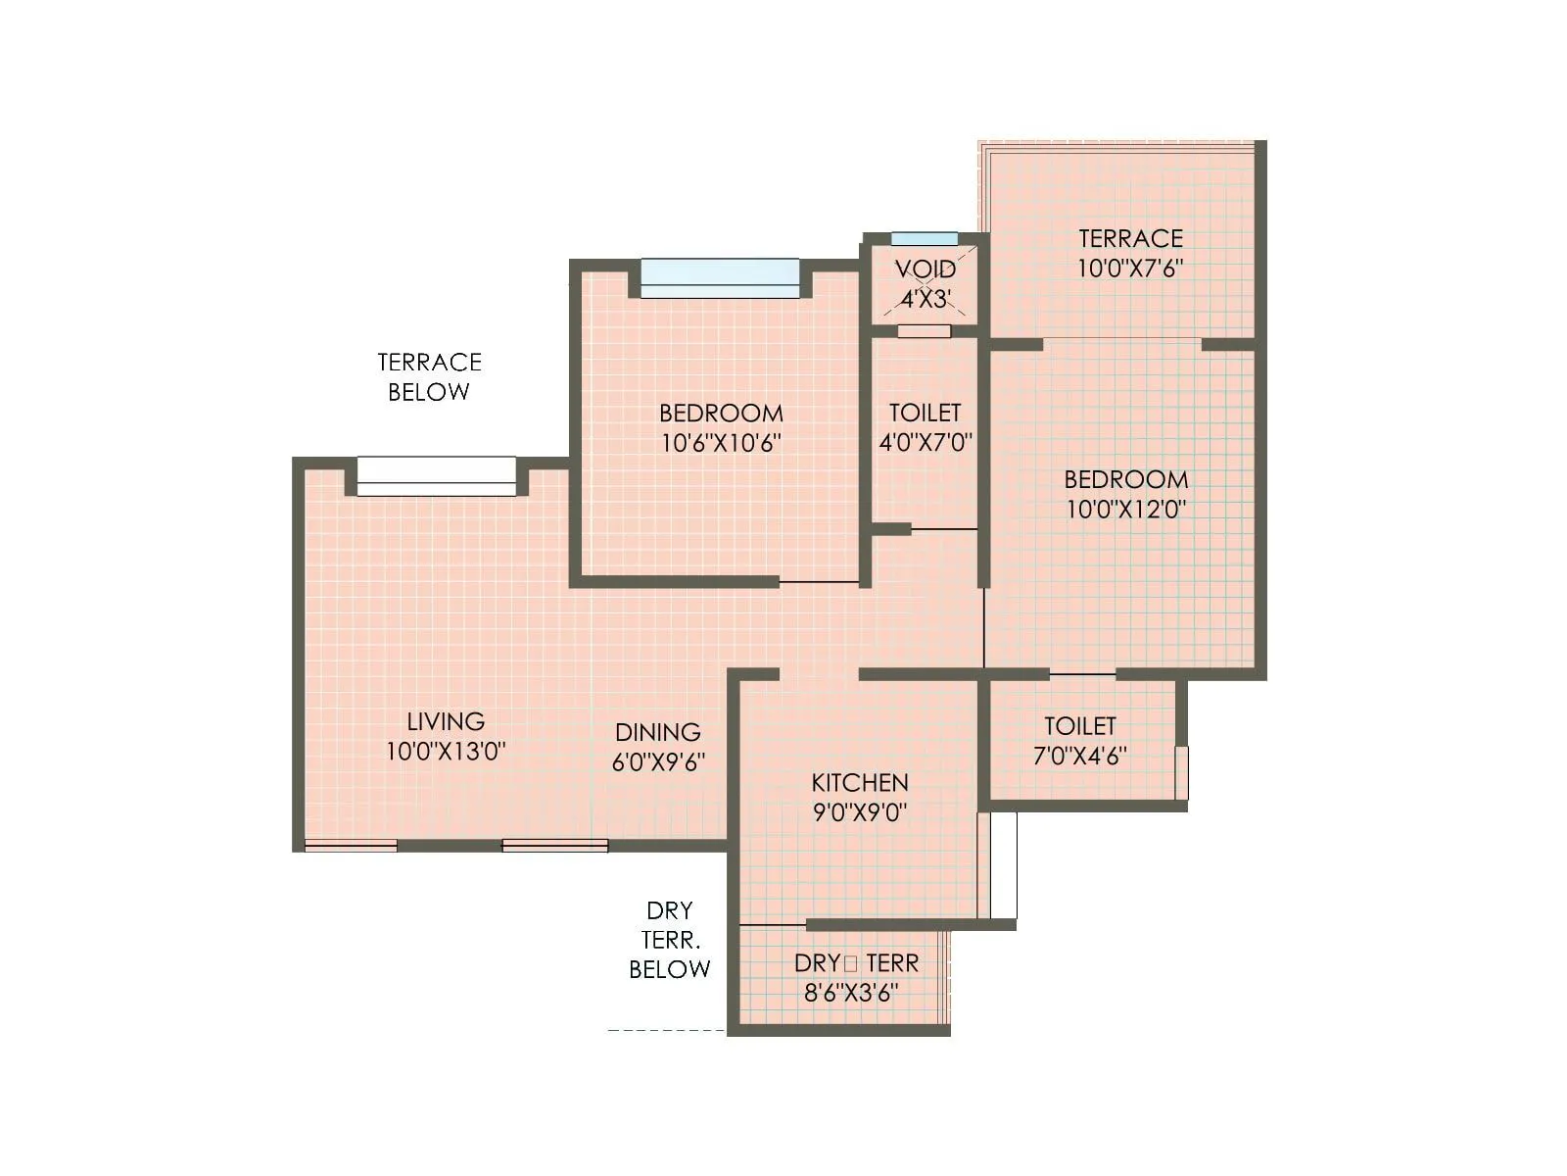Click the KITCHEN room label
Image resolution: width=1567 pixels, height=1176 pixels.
(860, 782)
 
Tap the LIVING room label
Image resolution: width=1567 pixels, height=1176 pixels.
(446, 721)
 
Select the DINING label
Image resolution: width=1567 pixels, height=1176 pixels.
(658, 732)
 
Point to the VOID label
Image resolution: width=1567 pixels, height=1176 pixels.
(926, 269)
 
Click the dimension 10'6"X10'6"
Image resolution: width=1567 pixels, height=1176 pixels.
(721, 443)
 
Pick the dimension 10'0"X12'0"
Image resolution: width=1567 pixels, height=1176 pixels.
(1126, 510)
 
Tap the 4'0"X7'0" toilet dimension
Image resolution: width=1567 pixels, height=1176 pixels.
(926, 442)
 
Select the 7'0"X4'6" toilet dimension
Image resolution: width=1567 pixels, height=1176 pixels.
(1079, 756)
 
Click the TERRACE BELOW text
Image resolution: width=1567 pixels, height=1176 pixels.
(429, 377)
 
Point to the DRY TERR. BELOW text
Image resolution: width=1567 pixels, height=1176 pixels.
(670, 940)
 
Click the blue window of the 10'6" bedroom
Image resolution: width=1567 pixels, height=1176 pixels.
(720, 277)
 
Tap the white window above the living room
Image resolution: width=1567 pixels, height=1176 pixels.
(436, 476)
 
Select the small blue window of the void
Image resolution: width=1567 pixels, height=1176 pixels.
(925, 239)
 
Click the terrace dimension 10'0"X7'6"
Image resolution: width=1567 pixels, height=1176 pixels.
(1131, 269)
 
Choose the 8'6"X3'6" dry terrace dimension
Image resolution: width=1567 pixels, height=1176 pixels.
(851, 993)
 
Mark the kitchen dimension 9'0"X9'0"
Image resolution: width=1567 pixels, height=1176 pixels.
(860, 812)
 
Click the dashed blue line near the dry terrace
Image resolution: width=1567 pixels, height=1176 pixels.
(666, 1030)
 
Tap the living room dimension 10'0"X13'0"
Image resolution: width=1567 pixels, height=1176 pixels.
(446, 752)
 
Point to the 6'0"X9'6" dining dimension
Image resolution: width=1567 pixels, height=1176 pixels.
(658, 762)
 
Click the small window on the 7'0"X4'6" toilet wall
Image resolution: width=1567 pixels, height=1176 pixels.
(1182, 772)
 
